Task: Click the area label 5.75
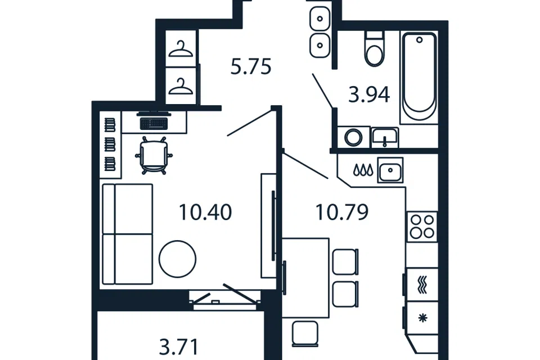tap(251, 67)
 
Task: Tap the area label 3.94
tap(369, 94)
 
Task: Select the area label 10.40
tap(206, 212)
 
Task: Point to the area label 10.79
tap(342, 212)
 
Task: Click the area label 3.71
tap(179, 347)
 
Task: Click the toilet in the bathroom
tap(375, 48)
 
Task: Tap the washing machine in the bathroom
tap(354, 137)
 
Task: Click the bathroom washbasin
tap(385, 138)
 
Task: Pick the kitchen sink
tap(390, 170)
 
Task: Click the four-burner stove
tap(422, 227)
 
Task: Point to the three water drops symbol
tap(363, 170)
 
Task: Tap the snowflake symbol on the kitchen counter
tap(422, 318)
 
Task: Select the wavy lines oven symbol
tap(422, 285)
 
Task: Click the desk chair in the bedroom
tap(154, 155)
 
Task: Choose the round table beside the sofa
tap(177, 259)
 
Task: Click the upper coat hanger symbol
tap(181, 49)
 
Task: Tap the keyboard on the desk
tap(154, 123)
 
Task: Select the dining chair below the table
tap(305, 334)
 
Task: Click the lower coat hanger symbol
tap(181, 86)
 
